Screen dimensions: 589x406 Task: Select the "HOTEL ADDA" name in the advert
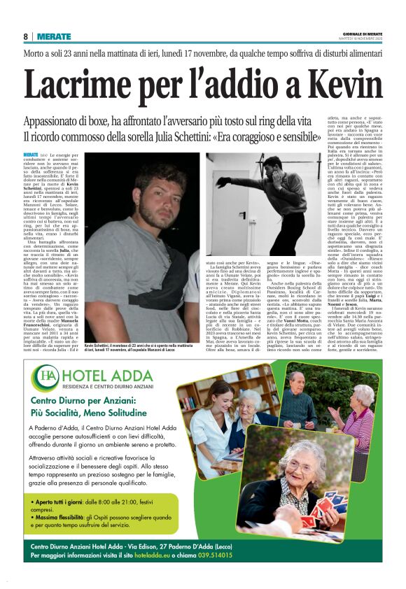tap(102, 375)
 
